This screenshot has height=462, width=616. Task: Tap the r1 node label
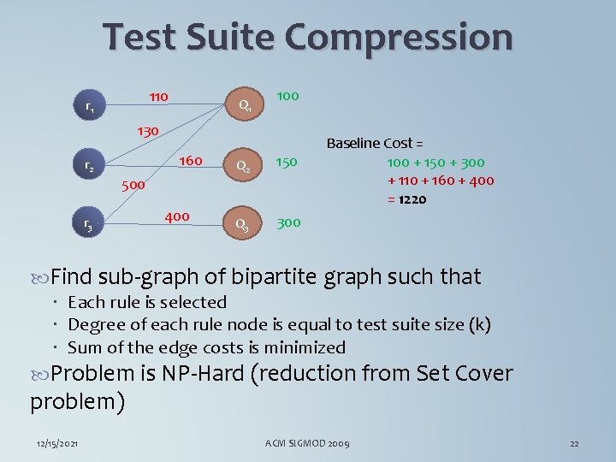[x=90, y=108]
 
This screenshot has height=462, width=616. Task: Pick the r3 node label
[x=88, y=224]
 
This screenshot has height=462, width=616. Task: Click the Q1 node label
[x=244, y=106]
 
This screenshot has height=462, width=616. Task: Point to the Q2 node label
[x=243, y=165]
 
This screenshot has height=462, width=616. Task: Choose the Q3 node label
[x=243, y=224]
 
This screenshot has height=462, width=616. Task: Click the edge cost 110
[x=157, y=96]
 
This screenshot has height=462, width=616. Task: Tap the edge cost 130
[x=148, y=132]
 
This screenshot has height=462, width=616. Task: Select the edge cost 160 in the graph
[x=190, y=161]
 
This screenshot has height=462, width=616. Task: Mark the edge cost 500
[x=133, y=184]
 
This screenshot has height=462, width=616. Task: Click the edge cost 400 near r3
[x=176, y=216]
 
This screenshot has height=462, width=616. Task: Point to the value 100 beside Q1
[x=287, y=96]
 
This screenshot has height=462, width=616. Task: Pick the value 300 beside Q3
[x=288, y=222]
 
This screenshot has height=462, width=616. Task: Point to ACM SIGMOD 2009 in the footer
[x=307, y=443]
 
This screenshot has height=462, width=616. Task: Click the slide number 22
[x=574, y=443]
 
